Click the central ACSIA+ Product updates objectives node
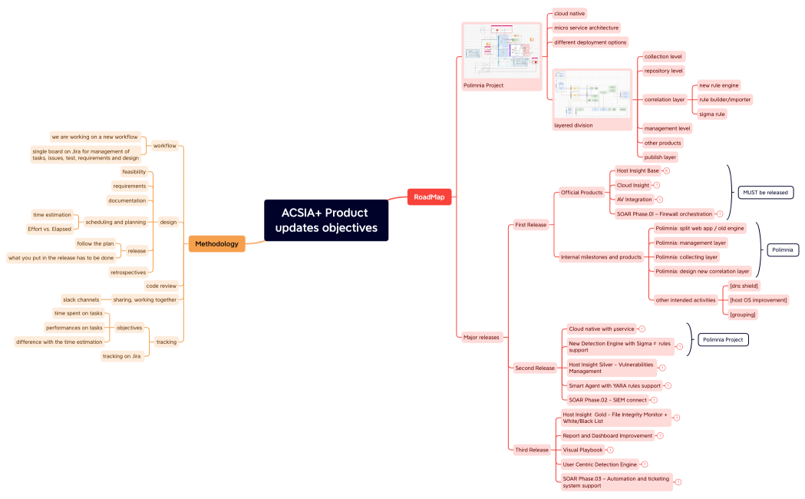tap(326, 220)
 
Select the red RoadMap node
tap(429, 197)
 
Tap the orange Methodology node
tap(216, 244)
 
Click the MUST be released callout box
tap(765, 193)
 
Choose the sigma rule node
tap(712, 114)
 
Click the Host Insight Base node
tap(637, 170)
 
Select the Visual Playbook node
tap(582, 450)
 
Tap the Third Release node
tap(532, 450)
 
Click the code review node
tap(161, 286)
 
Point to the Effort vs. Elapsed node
tap(50, 229)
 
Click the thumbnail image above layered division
tap(592, 94)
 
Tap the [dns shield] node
tap(744, 286)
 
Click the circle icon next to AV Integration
tap(660, 200)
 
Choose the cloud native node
tap(569, 13)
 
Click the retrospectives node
tap(128, 272)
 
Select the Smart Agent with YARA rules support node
tap(614, 385)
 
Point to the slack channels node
tap(81, 299)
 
